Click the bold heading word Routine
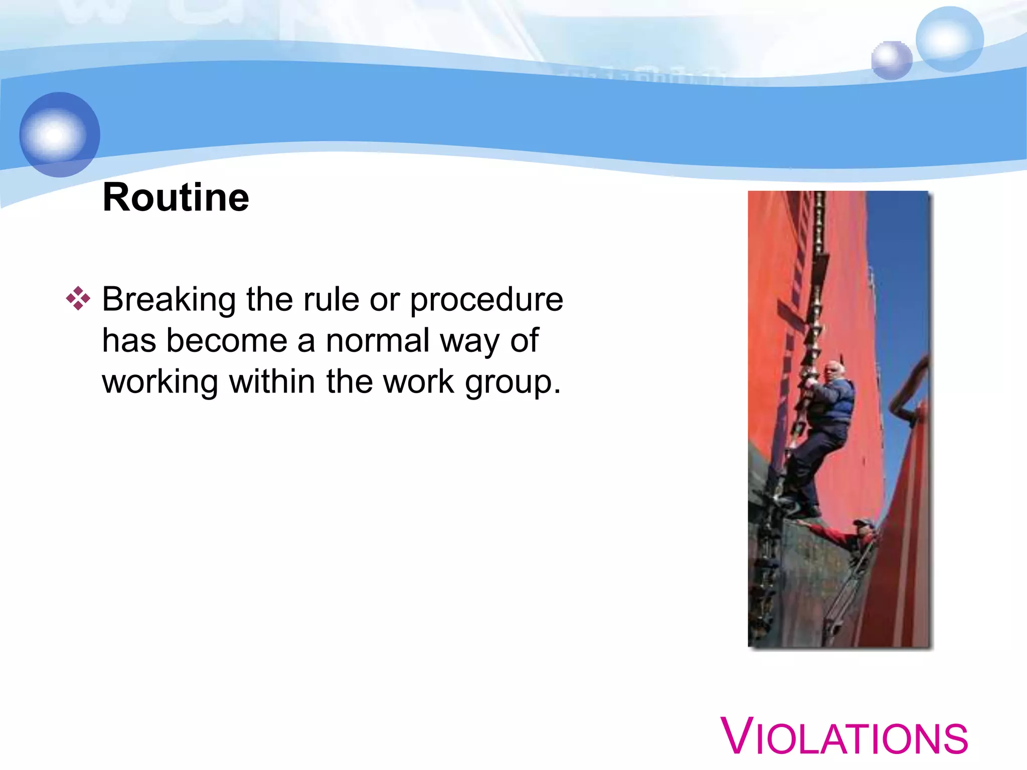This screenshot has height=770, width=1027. coord(176,198)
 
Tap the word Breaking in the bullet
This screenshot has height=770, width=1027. coord(169,300)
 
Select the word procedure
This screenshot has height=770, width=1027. coord(486,300)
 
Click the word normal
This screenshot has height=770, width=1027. coord(379,341)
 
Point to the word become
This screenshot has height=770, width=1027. coord(227,341)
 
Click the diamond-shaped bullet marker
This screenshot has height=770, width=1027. coord(78,299)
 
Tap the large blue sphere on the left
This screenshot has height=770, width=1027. coord(60,134)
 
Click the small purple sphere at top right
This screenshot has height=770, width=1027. coord(891,60)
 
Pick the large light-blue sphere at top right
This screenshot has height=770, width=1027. coord(949,39)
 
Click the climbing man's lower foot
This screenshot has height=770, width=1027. coord(805,512)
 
